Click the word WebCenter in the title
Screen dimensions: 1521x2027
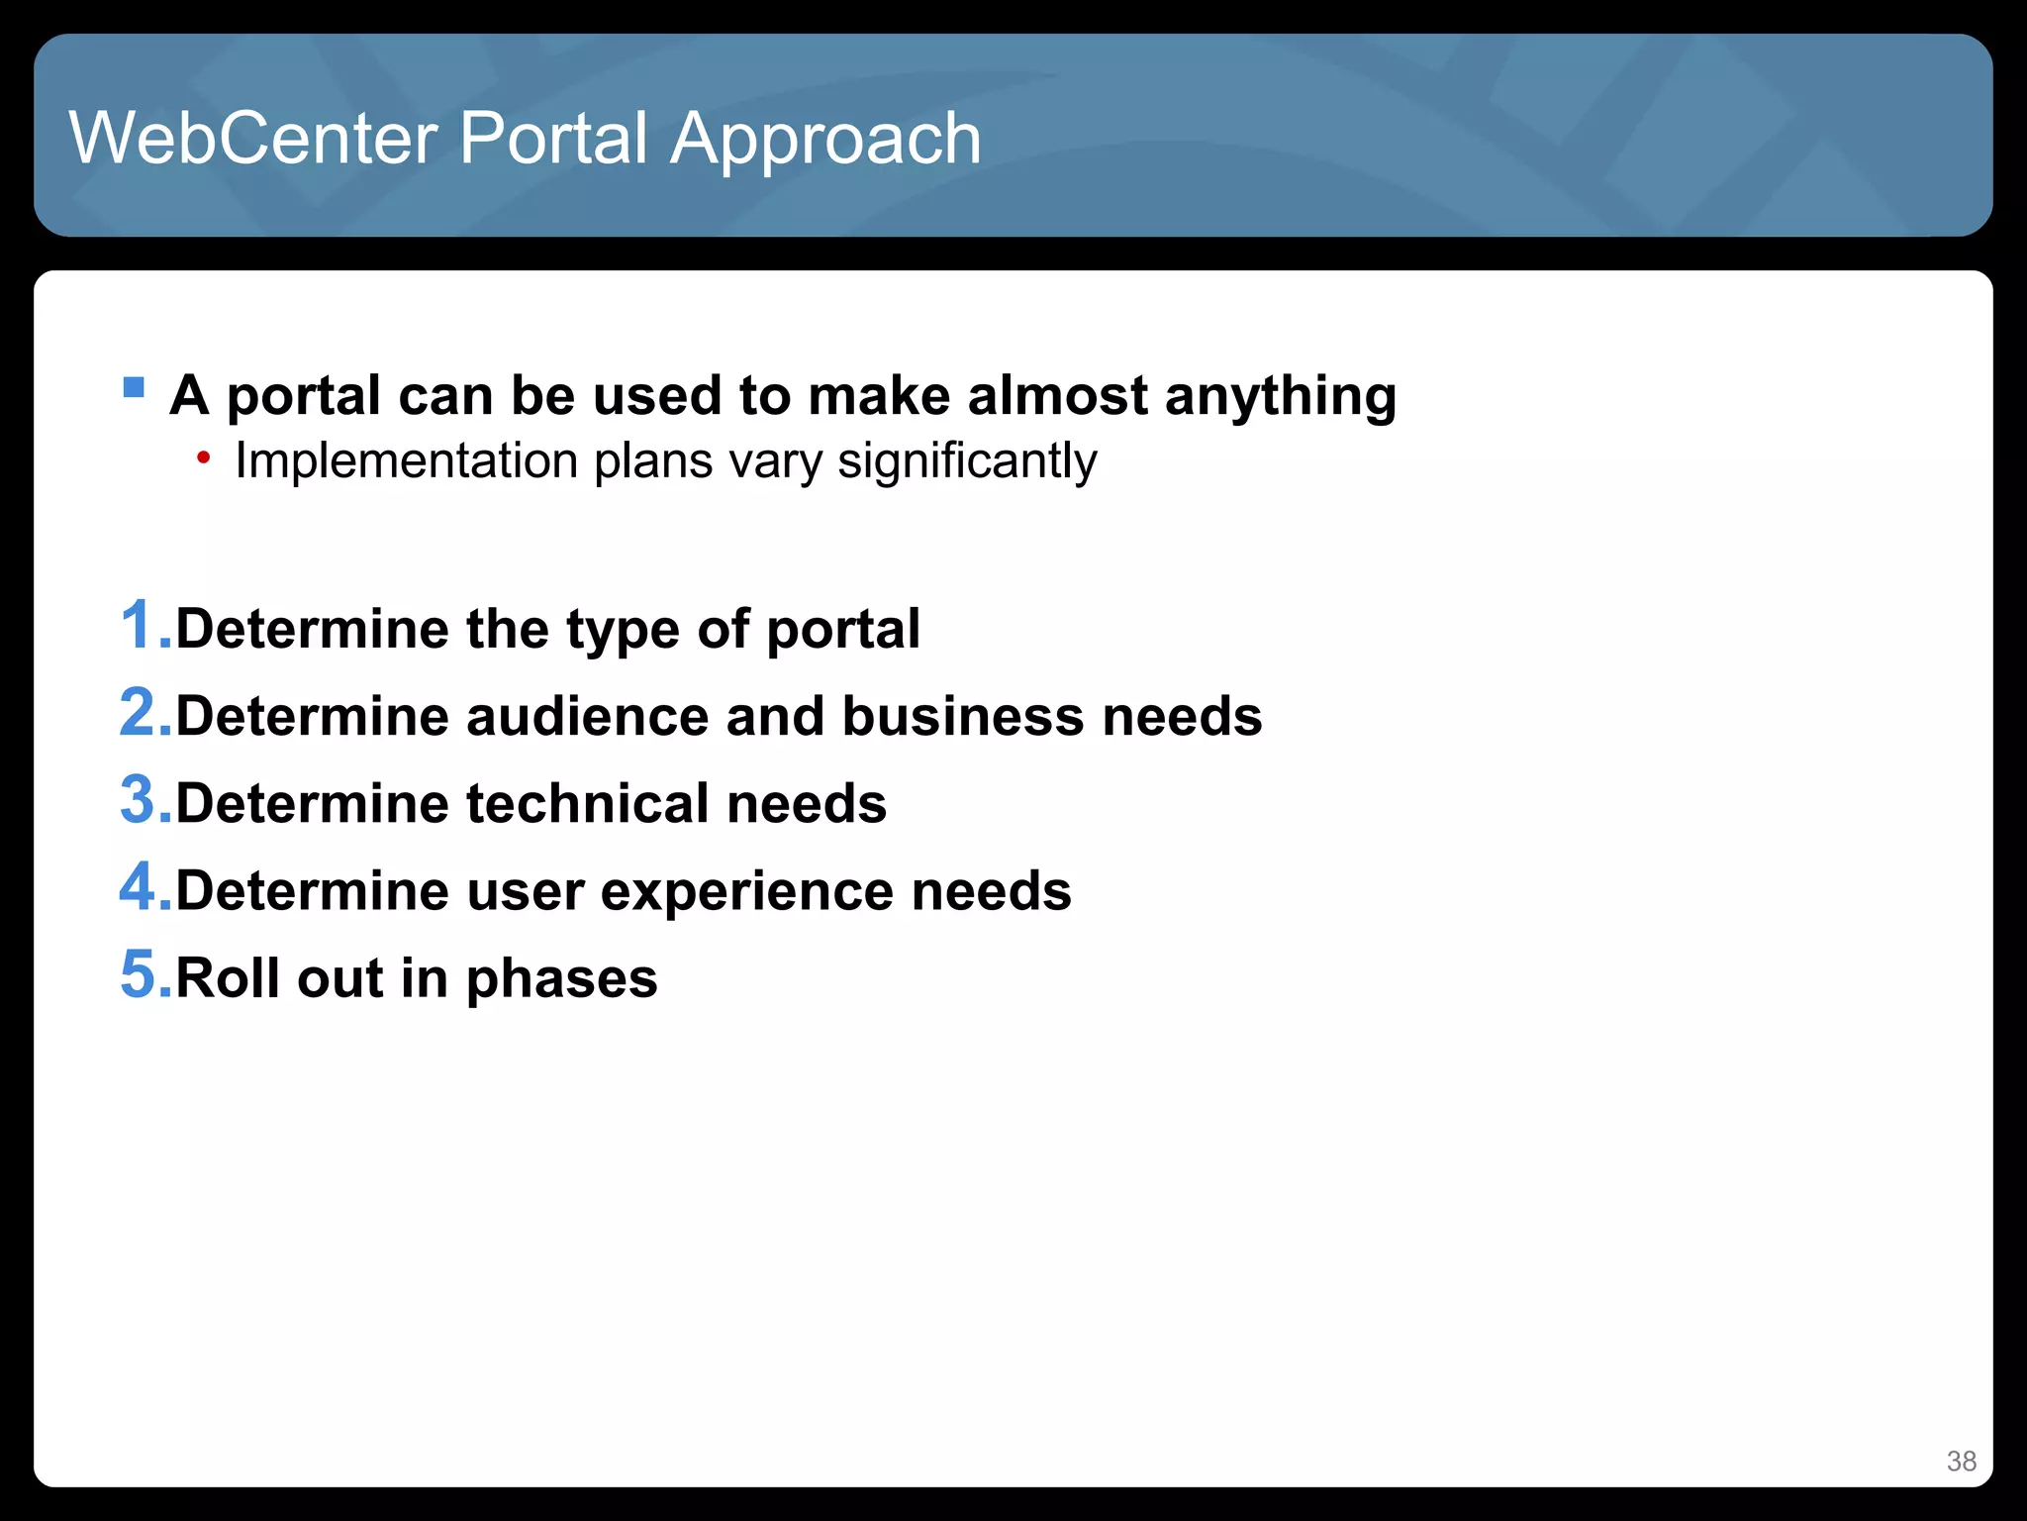tap(253, 138)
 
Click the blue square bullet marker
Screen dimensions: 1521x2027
tap(134, 386)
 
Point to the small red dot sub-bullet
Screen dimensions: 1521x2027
tap(203, 457)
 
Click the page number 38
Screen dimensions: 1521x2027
tap(1961, 1462)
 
